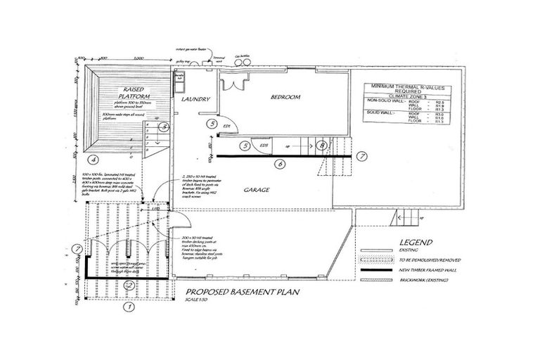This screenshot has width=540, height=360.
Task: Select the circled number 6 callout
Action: [279, 164]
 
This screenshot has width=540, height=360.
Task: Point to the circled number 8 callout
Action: [321, 146]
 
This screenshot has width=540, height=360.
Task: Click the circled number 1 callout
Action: [129, 307]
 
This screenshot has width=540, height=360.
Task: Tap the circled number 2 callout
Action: [129, 285]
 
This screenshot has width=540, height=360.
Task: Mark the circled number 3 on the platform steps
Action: [163, 127]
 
